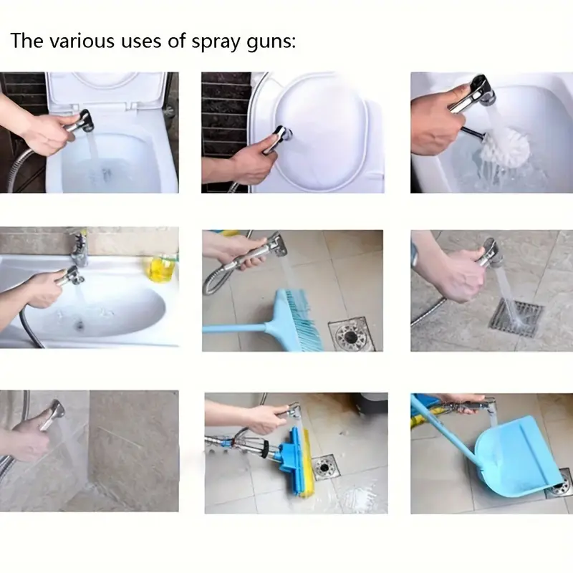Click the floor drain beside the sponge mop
(324, 466)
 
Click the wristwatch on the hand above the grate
(415, 254)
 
